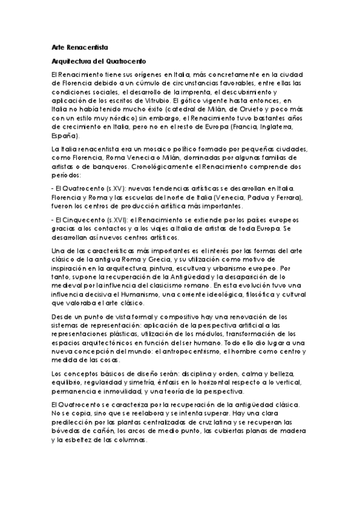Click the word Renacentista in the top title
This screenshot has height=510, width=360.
(x=87, y=47)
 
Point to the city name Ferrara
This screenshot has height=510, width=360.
(x=289, y=197)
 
